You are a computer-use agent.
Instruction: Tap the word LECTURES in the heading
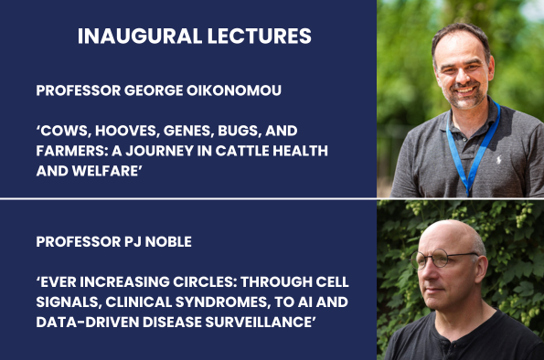coord(251,37)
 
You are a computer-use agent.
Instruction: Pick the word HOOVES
coord(128,132)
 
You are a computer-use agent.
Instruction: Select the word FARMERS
coord(74,150)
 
